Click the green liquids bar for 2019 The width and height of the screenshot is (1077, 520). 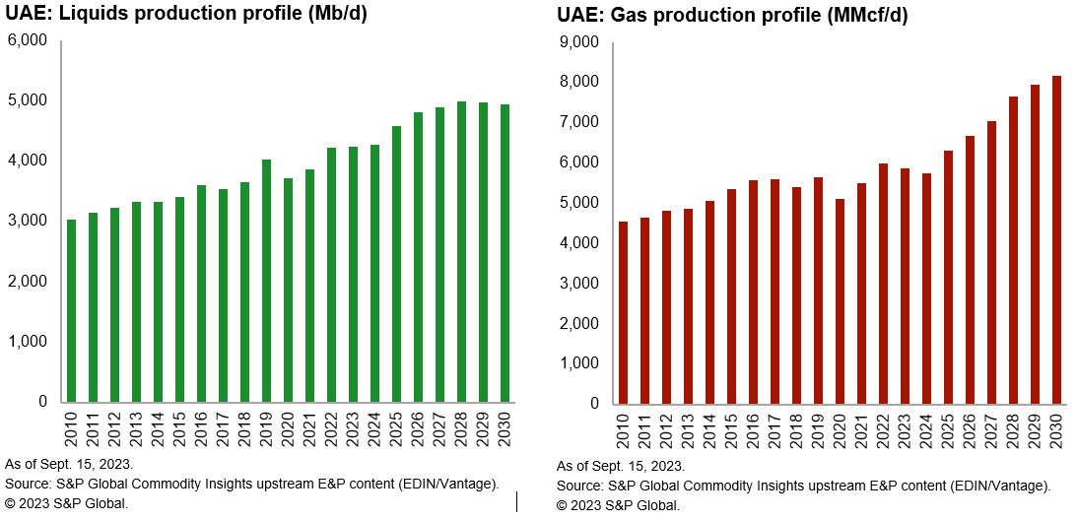click(266, 281)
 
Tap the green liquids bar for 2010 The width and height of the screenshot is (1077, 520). click(71, 310)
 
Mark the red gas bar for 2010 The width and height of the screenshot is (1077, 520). click(623, 312)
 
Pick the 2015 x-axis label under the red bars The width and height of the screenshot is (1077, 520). click(731, 430)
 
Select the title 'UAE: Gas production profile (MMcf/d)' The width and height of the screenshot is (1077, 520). click(732, 15)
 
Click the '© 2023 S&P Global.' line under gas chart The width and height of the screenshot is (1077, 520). click(618, 505)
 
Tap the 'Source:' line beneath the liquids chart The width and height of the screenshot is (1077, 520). click(251, 483)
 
